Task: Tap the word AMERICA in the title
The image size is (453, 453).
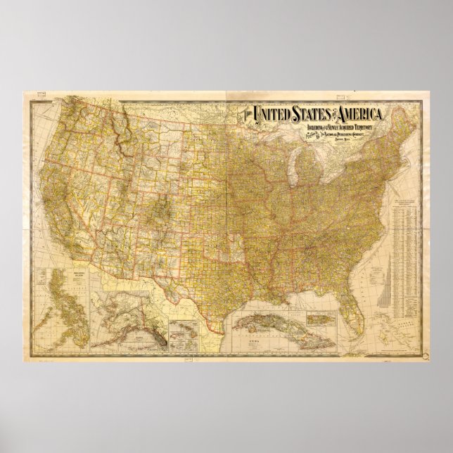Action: click(x=360, y=114)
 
